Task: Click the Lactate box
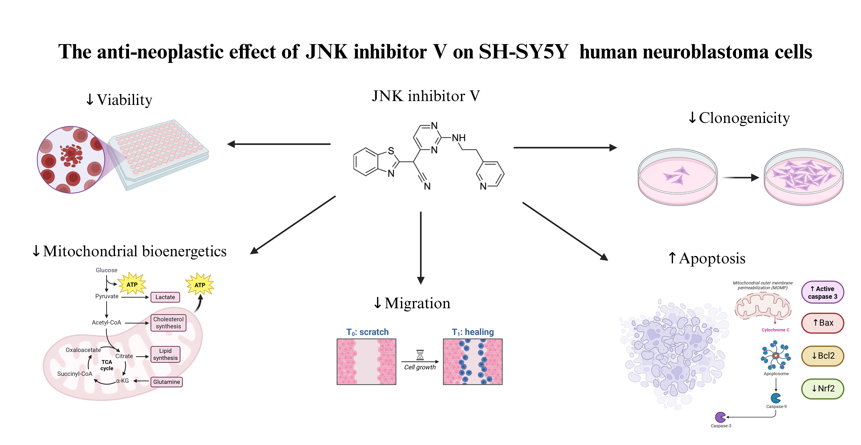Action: coord(165,297)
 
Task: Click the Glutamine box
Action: coord(166,382)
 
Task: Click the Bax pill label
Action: coord(823,323)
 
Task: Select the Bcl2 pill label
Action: coord(823,356)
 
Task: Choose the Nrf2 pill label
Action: coord(823,389)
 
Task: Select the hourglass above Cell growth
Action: coord(420,355)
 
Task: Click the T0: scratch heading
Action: coord(367,332)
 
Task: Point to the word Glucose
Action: coord(106,270)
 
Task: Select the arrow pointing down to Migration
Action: coord(421,248)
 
